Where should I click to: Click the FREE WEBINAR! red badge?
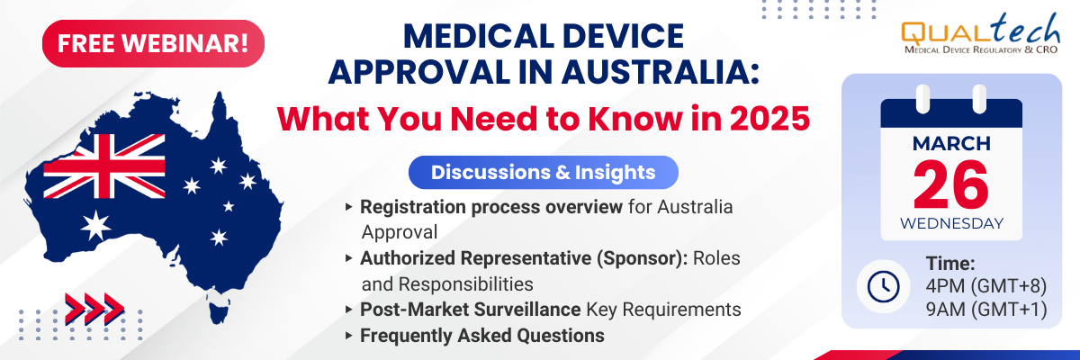153,43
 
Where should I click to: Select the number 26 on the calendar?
950,185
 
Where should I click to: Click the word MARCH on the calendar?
951,144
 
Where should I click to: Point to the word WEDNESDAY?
951,223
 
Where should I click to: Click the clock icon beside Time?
883,287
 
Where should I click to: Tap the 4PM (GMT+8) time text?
986,286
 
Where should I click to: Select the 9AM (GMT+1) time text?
986,310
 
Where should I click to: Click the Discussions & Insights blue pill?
544,173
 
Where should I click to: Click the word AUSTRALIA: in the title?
660,72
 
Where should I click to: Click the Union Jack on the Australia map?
104,166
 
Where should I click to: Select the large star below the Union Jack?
96,226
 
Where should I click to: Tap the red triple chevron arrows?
95,308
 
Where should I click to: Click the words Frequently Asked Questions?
482,336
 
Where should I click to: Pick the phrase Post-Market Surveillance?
470,310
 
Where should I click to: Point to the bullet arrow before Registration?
349,207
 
